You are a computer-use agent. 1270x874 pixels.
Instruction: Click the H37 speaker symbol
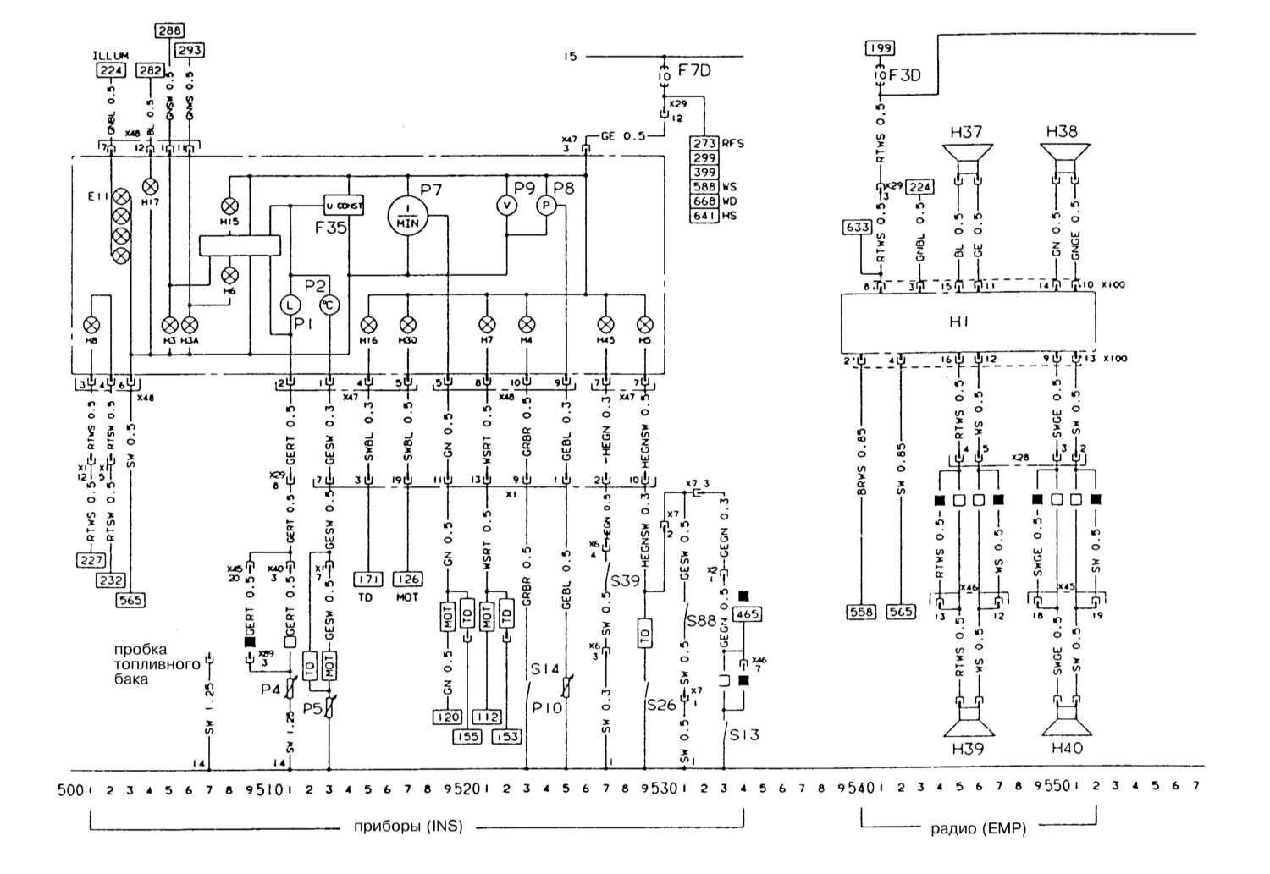click(x=968, y=156)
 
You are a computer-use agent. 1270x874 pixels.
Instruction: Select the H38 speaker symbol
click(x=1064, y=156)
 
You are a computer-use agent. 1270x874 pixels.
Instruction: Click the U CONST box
click(x=344, y=206)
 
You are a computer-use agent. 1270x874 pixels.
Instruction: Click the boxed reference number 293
click(x=190, y=50)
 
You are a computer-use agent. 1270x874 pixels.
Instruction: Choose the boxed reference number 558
click(x=860, y=611)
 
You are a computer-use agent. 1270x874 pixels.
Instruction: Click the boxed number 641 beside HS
click(x=705, y=216)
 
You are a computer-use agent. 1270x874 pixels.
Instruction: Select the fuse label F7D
click(x=694, y=71)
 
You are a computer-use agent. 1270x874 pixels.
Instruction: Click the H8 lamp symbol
click(x=91, y=324)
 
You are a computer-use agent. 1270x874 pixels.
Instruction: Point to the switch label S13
click(x=744, y=734)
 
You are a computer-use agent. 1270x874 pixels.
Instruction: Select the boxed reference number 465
click(x=746, y=615)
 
